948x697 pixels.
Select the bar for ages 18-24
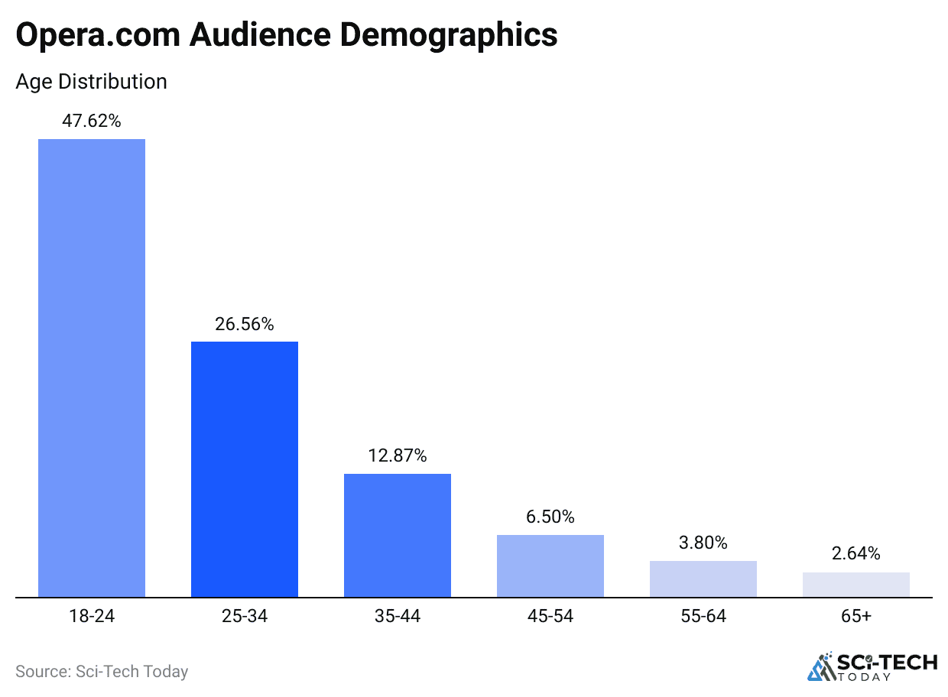click(x=92, y=368)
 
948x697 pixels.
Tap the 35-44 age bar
click(x=398, y=535)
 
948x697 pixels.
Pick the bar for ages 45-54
click(x=550, y=566)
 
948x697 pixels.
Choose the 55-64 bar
click(x=703, y=579)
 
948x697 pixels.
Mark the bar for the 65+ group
click(x=856, y=585)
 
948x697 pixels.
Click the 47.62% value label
click(x=92, y=121)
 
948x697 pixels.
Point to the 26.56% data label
click(x=245, y=324)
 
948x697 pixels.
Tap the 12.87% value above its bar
click(x=398, y=456)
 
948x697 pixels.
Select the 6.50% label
click(x=550, y=517)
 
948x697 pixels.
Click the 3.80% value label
click(x=703, y=543)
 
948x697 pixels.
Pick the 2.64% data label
click(x=856, y=553)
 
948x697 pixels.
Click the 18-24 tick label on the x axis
click(x=92, y=616)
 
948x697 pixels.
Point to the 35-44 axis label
click(x=398, y=616)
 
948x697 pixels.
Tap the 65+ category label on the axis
click(x=856, y=616)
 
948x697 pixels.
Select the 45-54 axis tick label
click(x=550, y=616)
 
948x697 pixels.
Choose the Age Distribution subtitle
click(x=91, y=82)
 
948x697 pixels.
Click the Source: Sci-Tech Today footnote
click(x=102, y=672)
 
